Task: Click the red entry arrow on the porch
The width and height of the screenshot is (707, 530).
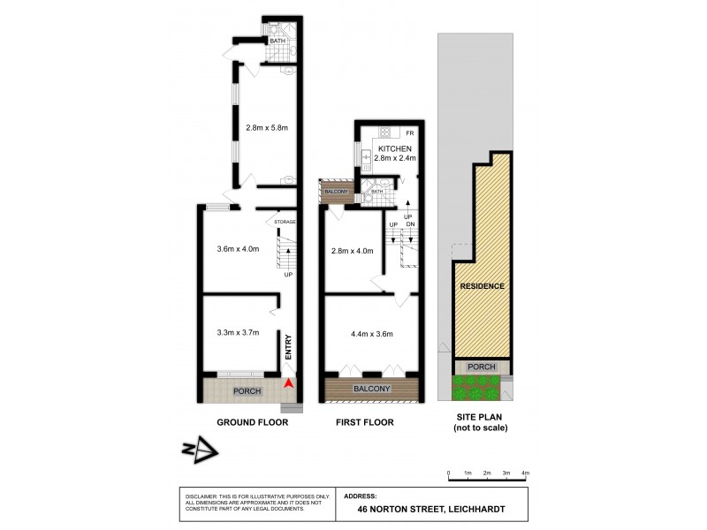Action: (289, 384)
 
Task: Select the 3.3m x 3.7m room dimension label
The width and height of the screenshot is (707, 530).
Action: (238, 333)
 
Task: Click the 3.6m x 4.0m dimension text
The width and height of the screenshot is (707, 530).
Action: (238, 249)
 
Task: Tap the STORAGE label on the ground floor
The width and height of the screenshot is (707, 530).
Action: (285, 222)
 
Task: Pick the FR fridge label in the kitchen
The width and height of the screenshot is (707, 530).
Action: (409, 132)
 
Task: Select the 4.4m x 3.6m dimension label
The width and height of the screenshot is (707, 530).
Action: (371, 333)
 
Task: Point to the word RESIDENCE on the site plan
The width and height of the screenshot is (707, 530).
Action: (482, 286)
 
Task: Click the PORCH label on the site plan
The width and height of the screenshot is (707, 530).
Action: (482, 367)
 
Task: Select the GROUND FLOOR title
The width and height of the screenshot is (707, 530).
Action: (253, 423)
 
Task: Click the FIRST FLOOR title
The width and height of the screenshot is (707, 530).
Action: (364, 423)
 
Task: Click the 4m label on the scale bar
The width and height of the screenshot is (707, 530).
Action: (526, 474)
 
